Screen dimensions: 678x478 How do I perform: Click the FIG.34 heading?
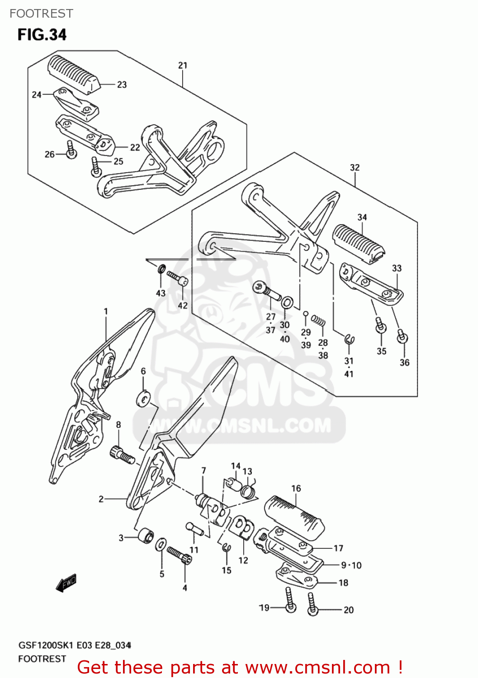[x=42, y=35]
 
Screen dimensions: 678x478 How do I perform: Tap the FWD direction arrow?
[x=66, y=583]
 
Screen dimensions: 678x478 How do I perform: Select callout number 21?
[x=183, y=66]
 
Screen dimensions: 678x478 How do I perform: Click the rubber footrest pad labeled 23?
[x=73, y=74]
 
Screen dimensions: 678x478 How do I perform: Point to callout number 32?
[x=355, y=168]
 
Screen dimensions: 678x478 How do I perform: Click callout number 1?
[x=106, y=311]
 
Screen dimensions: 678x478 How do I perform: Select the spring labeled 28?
[x=319, y=321]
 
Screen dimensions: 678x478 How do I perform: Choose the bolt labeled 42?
[x=177, y=278]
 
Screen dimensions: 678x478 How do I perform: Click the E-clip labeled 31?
[x=350, y=339]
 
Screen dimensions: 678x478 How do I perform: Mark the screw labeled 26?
[x=71, y=150]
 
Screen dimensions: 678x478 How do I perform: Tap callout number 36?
[x=404, y=363]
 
